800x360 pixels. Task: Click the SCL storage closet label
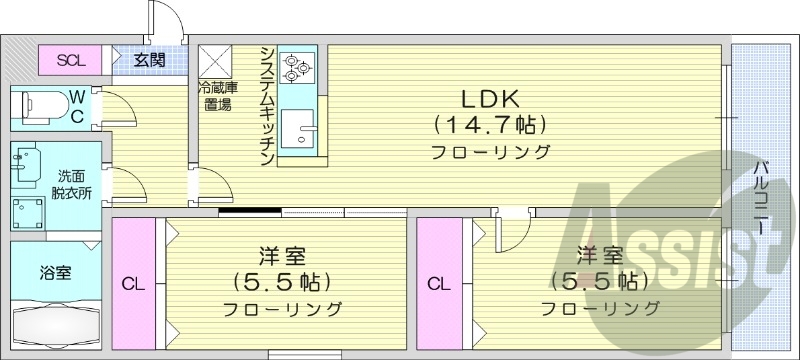[71, 60]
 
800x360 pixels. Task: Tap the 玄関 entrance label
[150, 60]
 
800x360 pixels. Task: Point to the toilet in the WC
[40, 106]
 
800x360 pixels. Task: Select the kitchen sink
[297, 128]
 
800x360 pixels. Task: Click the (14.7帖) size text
[490, 126]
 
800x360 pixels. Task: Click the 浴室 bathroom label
[56, 271]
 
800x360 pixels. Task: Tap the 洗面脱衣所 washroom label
[73, 186]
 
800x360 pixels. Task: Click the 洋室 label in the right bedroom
[600, 255]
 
